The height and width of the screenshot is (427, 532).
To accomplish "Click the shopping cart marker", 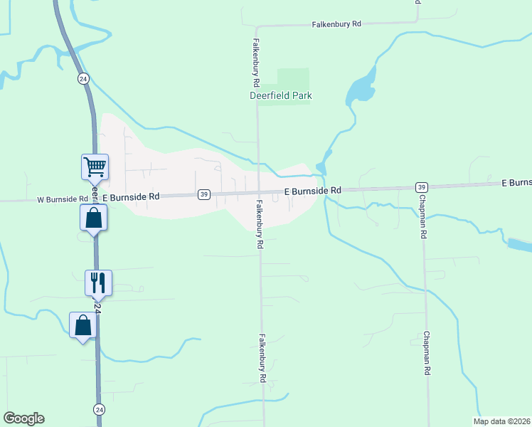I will pyautogui.click(x=95, y=167).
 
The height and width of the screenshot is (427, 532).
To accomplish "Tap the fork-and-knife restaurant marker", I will pyautogui.click(x=98, y=283).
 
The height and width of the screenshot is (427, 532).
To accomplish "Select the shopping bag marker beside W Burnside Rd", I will pyautogui.click(x=94, y=218).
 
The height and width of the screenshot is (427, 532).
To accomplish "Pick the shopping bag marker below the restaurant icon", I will pyautogui.click(x=83, y=325).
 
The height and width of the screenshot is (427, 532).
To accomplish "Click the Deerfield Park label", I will pyautogui.click(x=281, y=95).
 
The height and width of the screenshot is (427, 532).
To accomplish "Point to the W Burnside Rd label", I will pyautogui.click(x=63, y=200).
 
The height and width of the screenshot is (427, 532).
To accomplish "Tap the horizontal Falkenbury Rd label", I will pyautogui.click(x=336, y=24).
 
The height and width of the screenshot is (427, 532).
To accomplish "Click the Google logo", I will pyautogui.click(x=23, y=418).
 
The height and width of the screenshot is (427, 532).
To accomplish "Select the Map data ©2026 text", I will pyautogui.click(x=502, y=421).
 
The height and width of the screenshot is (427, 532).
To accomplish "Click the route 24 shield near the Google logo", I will pyautogui.click(x=100, y=409).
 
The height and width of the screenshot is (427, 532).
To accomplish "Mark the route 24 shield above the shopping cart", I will pyautogui.click(x=83, y=78).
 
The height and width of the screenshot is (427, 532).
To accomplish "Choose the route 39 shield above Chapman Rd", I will pyautogui.click(x=421, y=186).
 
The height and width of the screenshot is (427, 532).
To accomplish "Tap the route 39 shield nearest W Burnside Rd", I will pyautogui.click(x=203, y=194).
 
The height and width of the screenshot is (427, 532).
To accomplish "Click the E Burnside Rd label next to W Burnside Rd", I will pyautogui.click(x=132, y=196).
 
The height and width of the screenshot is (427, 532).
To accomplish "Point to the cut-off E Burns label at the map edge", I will pyautogui.click(x=516, y=183).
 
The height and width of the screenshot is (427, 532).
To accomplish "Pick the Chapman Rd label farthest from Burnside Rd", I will pyautogui.click(x=427, y=352).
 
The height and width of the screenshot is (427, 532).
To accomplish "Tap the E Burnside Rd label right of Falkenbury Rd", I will pyautogui.click(x=313, y=191).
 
